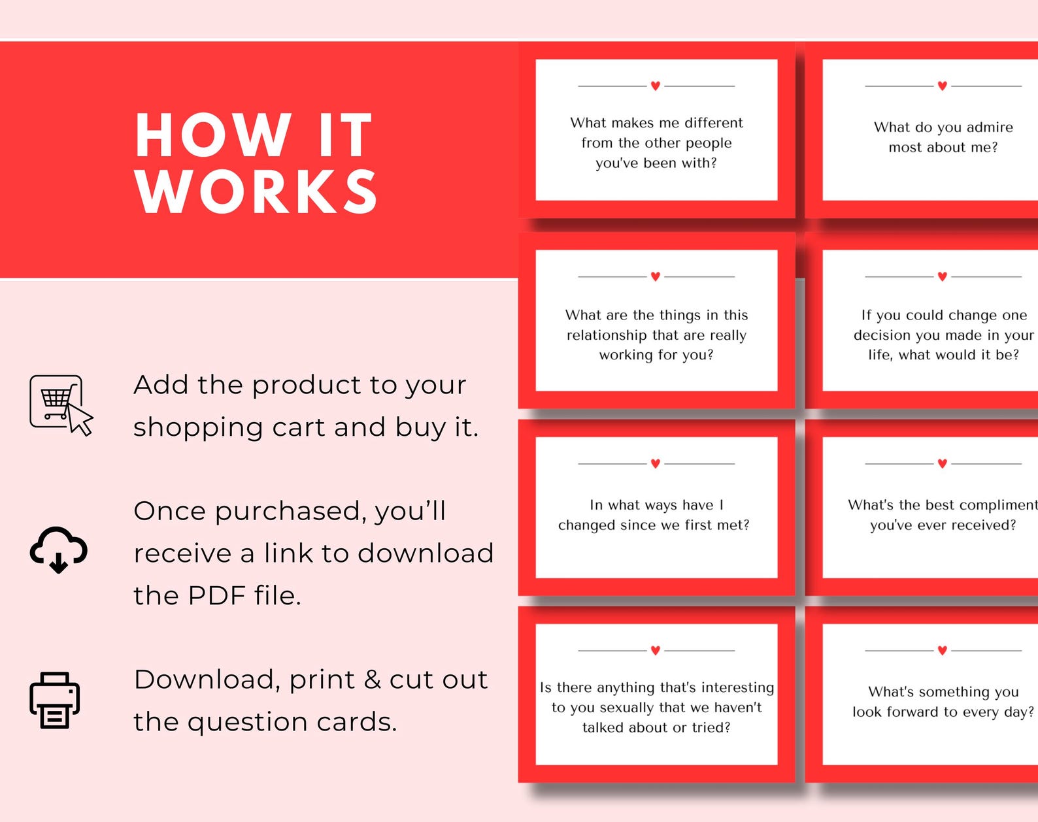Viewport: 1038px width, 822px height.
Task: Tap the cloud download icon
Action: [x=58, y=549]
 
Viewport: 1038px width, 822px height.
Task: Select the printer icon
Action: [x=55, y=700]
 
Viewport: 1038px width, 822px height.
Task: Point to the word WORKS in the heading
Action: [x=256, y=191]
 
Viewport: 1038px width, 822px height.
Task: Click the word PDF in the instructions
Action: [x=216, y=595]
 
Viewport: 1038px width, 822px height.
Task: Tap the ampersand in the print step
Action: [x=372, y=680]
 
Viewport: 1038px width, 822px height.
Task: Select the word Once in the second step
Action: [x=169, y=511]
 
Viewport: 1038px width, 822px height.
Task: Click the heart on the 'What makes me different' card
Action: [x=656, y=86]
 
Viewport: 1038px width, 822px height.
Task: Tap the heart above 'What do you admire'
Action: [x=942, y=86]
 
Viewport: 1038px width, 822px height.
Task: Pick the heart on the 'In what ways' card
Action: [x=656, y=463]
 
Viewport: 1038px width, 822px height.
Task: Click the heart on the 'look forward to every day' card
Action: [x=942, y=650]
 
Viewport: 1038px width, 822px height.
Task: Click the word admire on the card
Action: [x=989, y=127]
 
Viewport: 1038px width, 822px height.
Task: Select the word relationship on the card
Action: [x=606, y=335]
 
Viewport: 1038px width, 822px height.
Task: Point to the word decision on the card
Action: [x=882, y=335]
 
